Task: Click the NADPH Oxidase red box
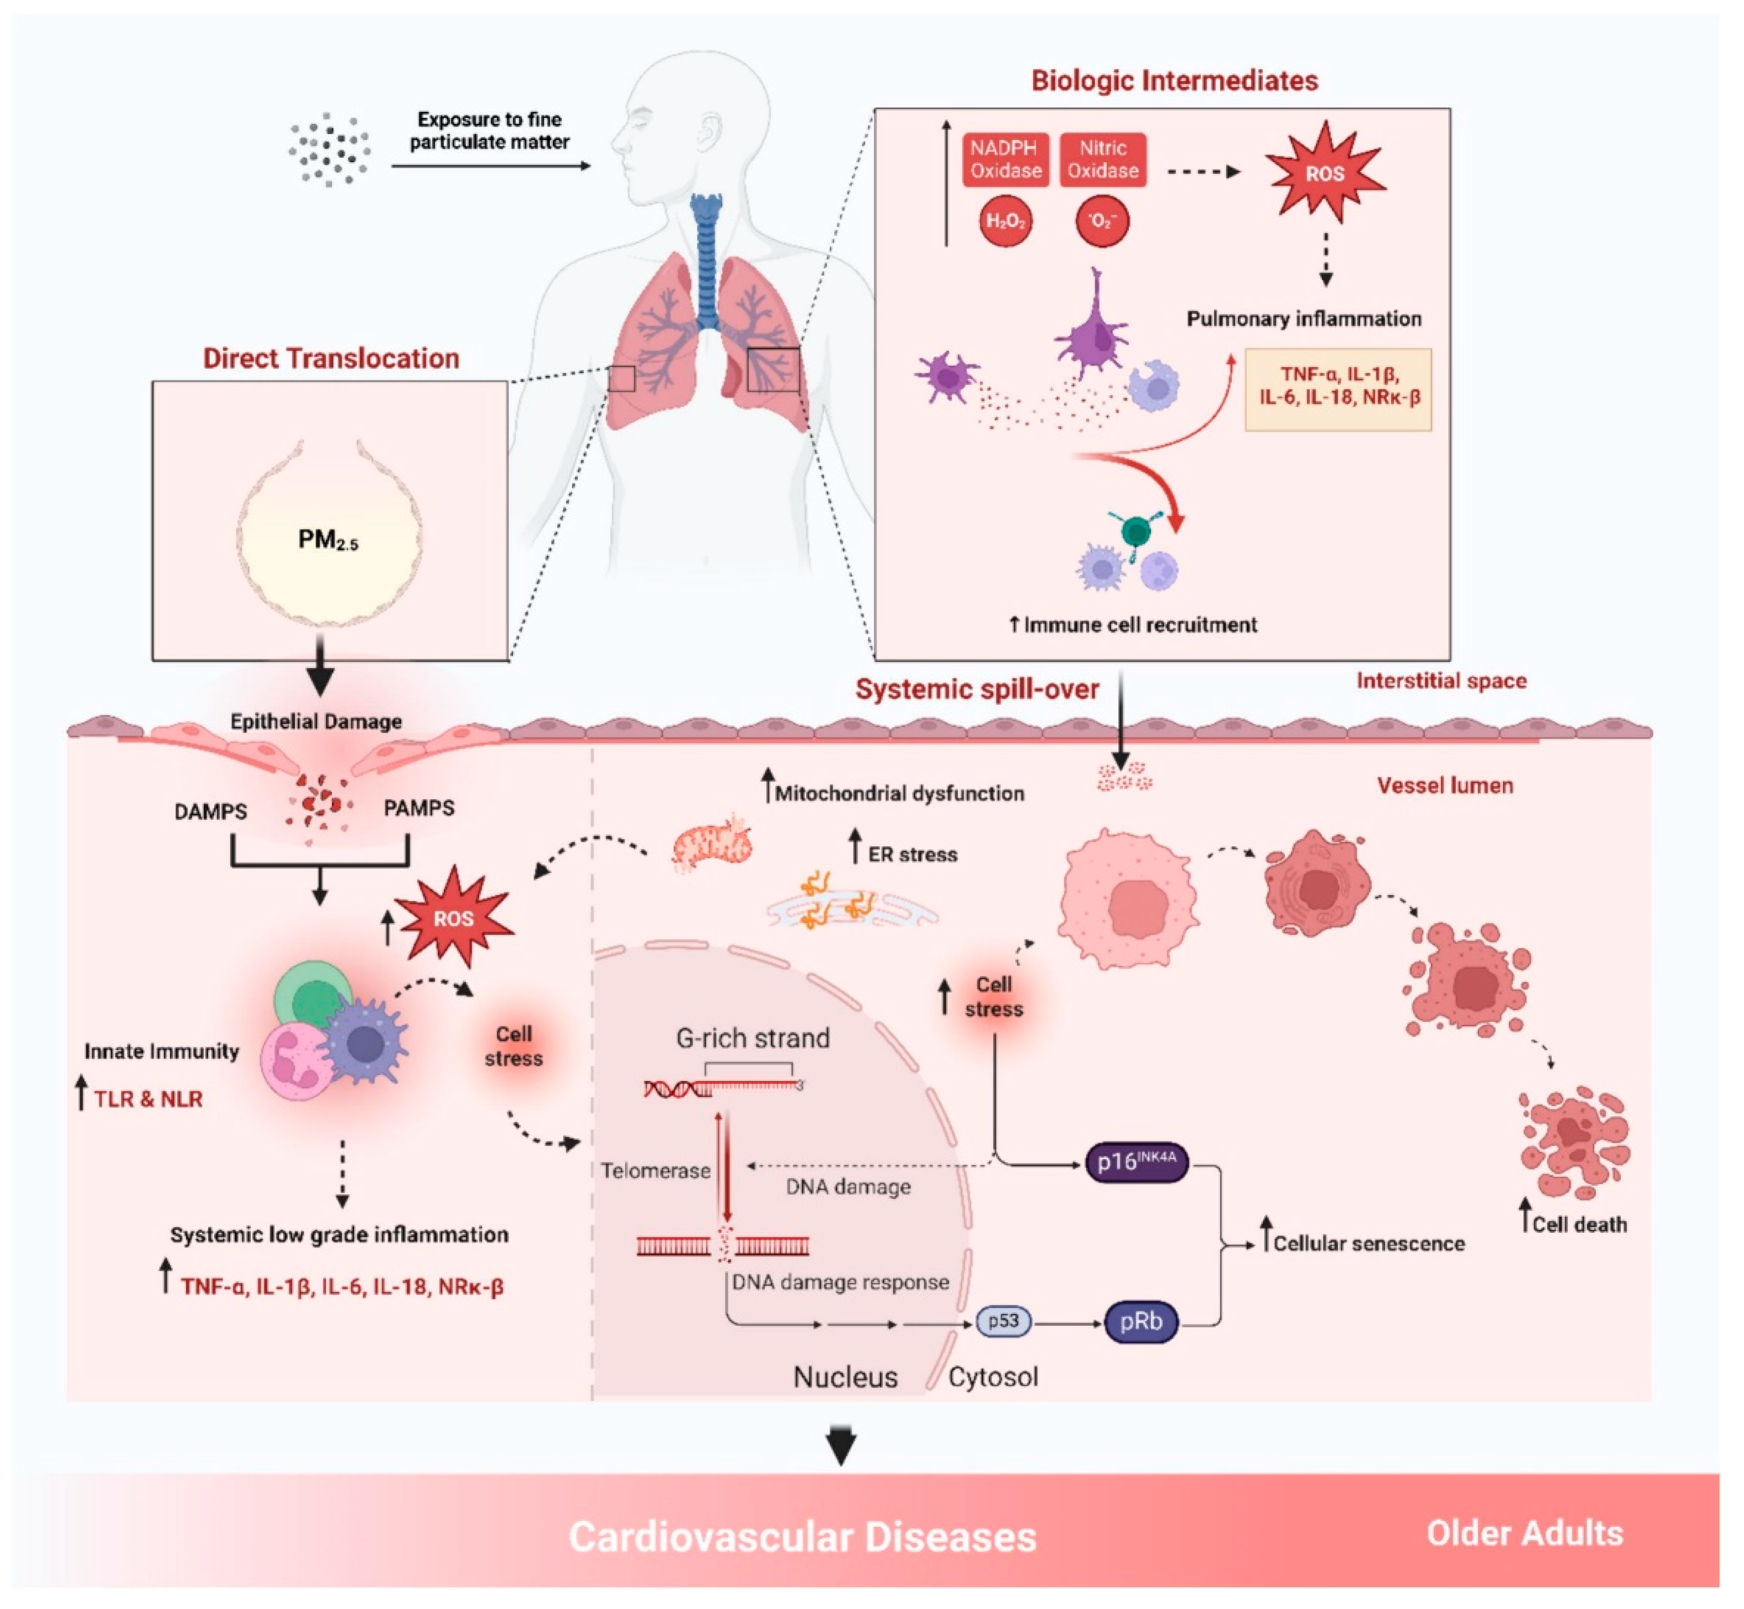(x=1005, y=159)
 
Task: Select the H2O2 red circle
(x=1005, y=221)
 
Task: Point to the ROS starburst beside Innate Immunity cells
(x=453, y=919)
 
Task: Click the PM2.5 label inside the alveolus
(x=328, y=540)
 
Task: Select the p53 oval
(x=1003, y=1321)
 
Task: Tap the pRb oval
(x=1141, y=1321)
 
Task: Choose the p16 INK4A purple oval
(x=1136, y=1161)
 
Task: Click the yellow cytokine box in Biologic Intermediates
(x=1338, y=389)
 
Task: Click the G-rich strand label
(x=753, y=1038)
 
